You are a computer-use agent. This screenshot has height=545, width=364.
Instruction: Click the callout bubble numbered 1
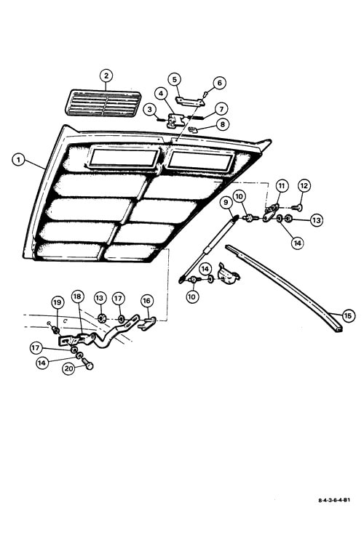click(x=18, y=161)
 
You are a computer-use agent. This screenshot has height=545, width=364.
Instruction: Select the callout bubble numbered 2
click(x=106, y=76)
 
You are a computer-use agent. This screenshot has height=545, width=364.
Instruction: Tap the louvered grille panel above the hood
click(x=103, y=103)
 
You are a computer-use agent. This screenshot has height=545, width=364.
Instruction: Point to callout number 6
click(x=219, y=83)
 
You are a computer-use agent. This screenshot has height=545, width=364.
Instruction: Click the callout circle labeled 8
click(x=223, y=124)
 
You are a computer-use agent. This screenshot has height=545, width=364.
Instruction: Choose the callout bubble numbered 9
click(x=226, y=202)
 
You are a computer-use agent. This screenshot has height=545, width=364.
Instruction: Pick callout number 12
click(x=304, y=186)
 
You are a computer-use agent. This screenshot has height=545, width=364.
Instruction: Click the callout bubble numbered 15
click(x=348, y=315)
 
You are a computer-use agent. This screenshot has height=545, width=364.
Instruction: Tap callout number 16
click(x=146, y=301)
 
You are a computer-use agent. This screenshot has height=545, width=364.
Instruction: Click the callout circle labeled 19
click(x=58, y=302)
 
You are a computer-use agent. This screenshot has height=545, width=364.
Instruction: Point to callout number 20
click(x=68, y=368)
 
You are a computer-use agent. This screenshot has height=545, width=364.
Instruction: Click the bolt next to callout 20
click(x=87, y=363)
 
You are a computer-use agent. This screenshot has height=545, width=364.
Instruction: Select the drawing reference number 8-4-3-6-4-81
click(x=334, y=500)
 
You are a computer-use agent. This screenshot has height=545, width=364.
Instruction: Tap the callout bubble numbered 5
click(x=175, y=79)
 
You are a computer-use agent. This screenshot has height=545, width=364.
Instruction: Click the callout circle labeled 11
click(x=282, y=186)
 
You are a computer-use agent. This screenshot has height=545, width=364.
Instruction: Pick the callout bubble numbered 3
click(x=150, y=110)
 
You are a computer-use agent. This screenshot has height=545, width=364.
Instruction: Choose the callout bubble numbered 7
click(x=221, y=109)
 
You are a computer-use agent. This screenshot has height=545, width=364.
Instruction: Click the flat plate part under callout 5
click(x=189, y=102)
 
